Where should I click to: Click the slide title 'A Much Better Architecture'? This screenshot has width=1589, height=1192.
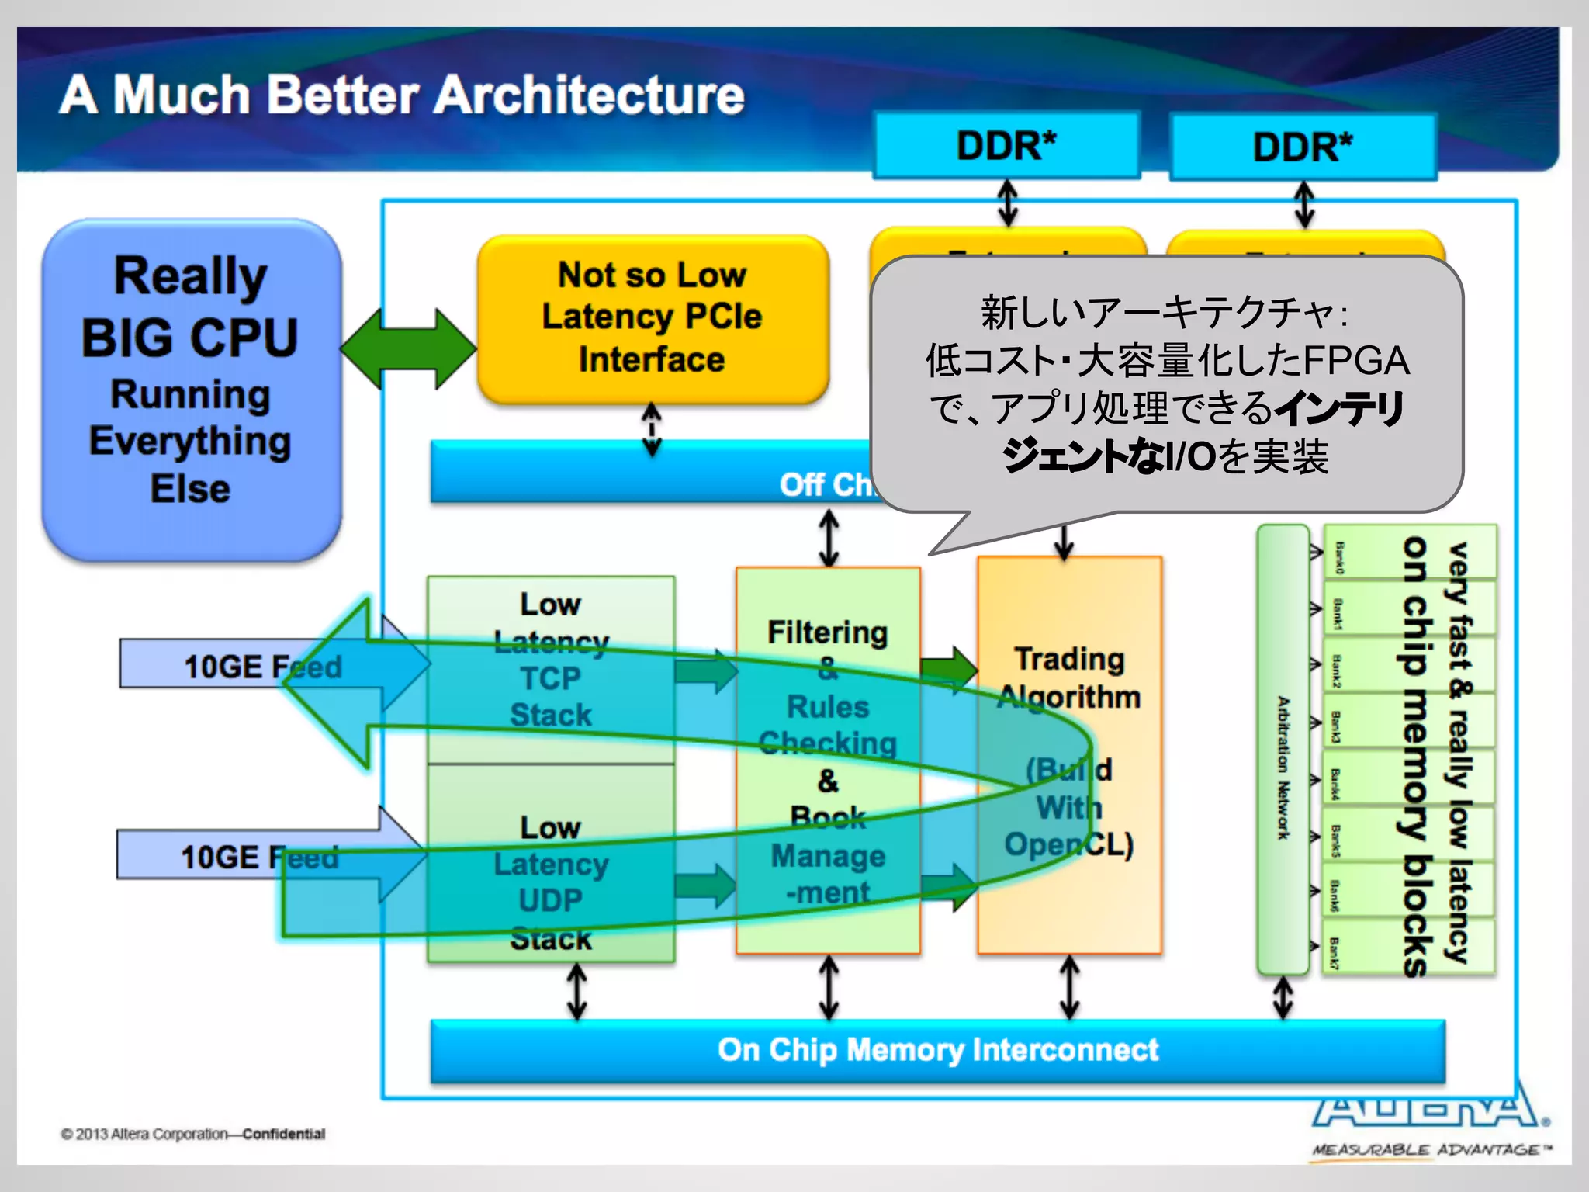(402, 95)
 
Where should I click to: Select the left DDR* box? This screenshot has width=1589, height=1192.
(1006, 146)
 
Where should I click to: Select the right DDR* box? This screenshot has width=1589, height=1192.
(1303, 147)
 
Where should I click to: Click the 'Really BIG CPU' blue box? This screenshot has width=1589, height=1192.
(191, 388)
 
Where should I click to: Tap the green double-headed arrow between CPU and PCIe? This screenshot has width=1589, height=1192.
(409, 348)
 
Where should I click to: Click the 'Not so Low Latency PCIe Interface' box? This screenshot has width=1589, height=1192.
(653, 319)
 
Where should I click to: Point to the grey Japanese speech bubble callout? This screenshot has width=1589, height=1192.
(1165, 384)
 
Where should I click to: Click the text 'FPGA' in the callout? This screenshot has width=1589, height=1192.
(1356, 360)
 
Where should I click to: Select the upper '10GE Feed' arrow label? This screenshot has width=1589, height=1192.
(262, 666)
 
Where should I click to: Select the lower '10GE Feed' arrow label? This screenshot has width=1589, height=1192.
(259, 858)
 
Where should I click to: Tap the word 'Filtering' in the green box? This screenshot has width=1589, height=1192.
(827, 632)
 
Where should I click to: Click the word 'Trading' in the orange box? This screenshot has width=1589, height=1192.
(1069, 659)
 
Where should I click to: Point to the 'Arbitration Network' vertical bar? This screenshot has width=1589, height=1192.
(1283, 749)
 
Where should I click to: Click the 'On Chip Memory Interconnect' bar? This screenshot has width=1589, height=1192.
(937, 1050)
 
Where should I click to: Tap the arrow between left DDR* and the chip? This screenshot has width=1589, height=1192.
(1007, 202)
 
